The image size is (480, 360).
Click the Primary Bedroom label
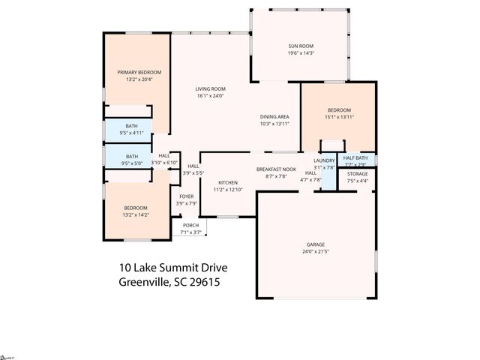pyautogui.click(x=139, y=72)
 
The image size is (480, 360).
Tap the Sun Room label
pyautogui.click(x=301, y=46)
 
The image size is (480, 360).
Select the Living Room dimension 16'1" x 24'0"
pyautogui.click(x=210, y=95)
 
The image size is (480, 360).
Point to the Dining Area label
pyautogui.click(x=274, y=116)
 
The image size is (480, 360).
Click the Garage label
pyautogui.click(x=315, y=244)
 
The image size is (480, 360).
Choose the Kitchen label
pyautogui.click(x=228, y=182)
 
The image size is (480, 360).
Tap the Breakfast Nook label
pyautogui.click(x=271, y=169)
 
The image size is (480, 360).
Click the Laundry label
pyautogui.click(x=324, y=160)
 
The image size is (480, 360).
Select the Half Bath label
pyautogui.click(x=355, y=158)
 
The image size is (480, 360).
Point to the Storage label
pyautogui.click(x=357, y=174)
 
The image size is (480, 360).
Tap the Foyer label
pyautogui.click(x=186, y=196)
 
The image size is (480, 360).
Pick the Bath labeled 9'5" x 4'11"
pyautogui.click(x=131, y=126)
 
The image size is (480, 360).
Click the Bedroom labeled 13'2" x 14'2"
pyautogui.click(x=135, y=208)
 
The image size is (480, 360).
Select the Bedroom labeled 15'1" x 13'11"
pyautogui.click(x=338, y=110)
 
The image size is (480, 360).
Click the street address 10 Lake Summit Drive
pyautogui.click(x=172, y=267)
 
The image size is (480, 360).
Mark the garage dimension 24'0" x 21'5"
pyautogui.click(x=315, y=251)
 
